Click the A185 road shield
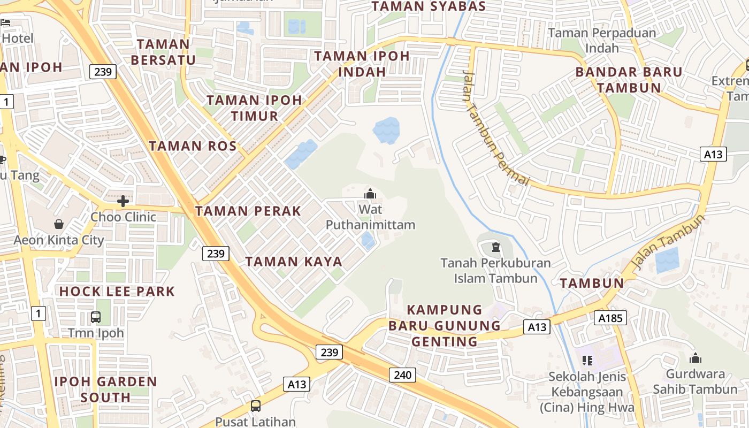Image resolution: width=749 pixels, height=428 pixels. [609, 318]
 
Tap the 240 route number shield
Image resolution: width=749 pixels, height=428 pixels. [402, 374]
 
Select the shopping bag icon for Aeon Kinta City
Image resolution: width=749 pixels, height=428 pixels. [59, 224]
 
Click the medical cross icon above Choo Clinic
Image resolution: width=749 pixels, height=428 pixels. [124, 201]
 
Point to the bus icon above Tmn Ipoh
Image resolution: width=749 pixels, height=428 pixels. [96, 317]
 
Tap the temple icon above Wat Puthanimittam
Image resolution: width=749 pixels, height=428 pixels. [370, 194]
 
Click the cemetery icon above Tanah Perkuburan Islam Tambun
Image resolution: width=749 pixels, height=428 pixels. [495, 247]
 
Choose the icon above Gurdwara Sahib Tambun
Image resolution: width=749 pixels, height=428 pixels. [695, 358]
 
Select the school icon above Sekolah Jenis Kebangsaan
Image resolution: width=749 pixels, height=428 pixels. [587, 361]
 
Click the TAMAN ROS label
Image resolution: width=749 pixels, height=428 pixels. [193, 146]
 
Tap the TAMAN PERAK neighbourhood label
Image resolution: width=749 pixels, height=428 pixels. [248, 211]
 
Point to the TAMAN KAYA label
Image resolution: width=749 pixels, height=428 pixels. [294, 261]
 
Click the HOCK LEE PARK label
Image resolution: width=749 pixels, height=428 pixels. [117, 292]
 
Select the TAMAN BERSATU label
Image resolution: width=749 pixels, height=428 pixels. [163, 52]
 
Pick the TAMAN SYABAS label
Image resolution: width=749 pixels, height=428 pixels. [429, 6]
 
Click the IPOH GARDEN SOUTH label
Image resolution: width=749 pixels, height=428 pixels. [106, 389]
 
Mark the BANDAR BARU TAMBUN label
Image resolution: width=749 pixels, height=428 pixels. [629, 80]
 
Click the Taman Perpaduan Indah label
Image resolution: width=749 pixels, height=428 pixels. [602, 40]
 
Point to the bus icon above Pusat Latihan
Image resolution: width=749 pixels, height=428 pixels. [256, 406]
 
